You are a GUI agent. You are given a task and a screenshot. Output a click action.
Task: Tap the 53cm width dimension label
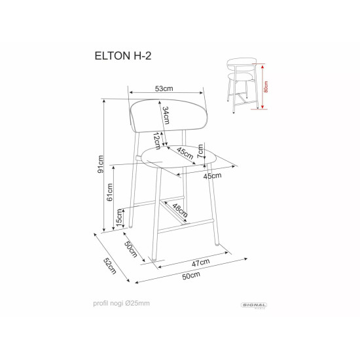tap(164, 88)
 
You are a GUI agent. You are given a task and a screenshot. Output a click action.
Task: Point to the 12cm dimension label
tap(156, 139)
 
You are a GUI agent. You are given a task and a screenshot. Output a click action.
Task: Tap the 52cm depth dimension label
tap(109, 266)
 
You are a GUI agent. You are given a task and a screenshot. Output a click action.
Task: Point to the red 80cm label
tap(266, 87)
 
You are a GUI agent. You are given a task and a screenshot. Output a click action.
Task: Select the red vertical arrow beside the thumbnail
tap(261, 87)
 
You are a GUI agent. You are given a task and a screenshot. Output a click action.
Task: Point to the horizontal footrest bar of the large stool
tap(187, 225)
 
